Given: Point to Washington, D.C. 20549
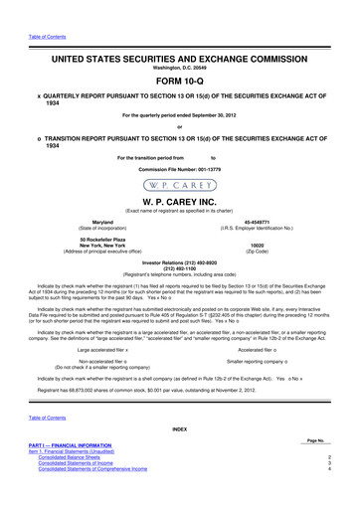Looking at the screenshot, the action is point(179,44).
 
